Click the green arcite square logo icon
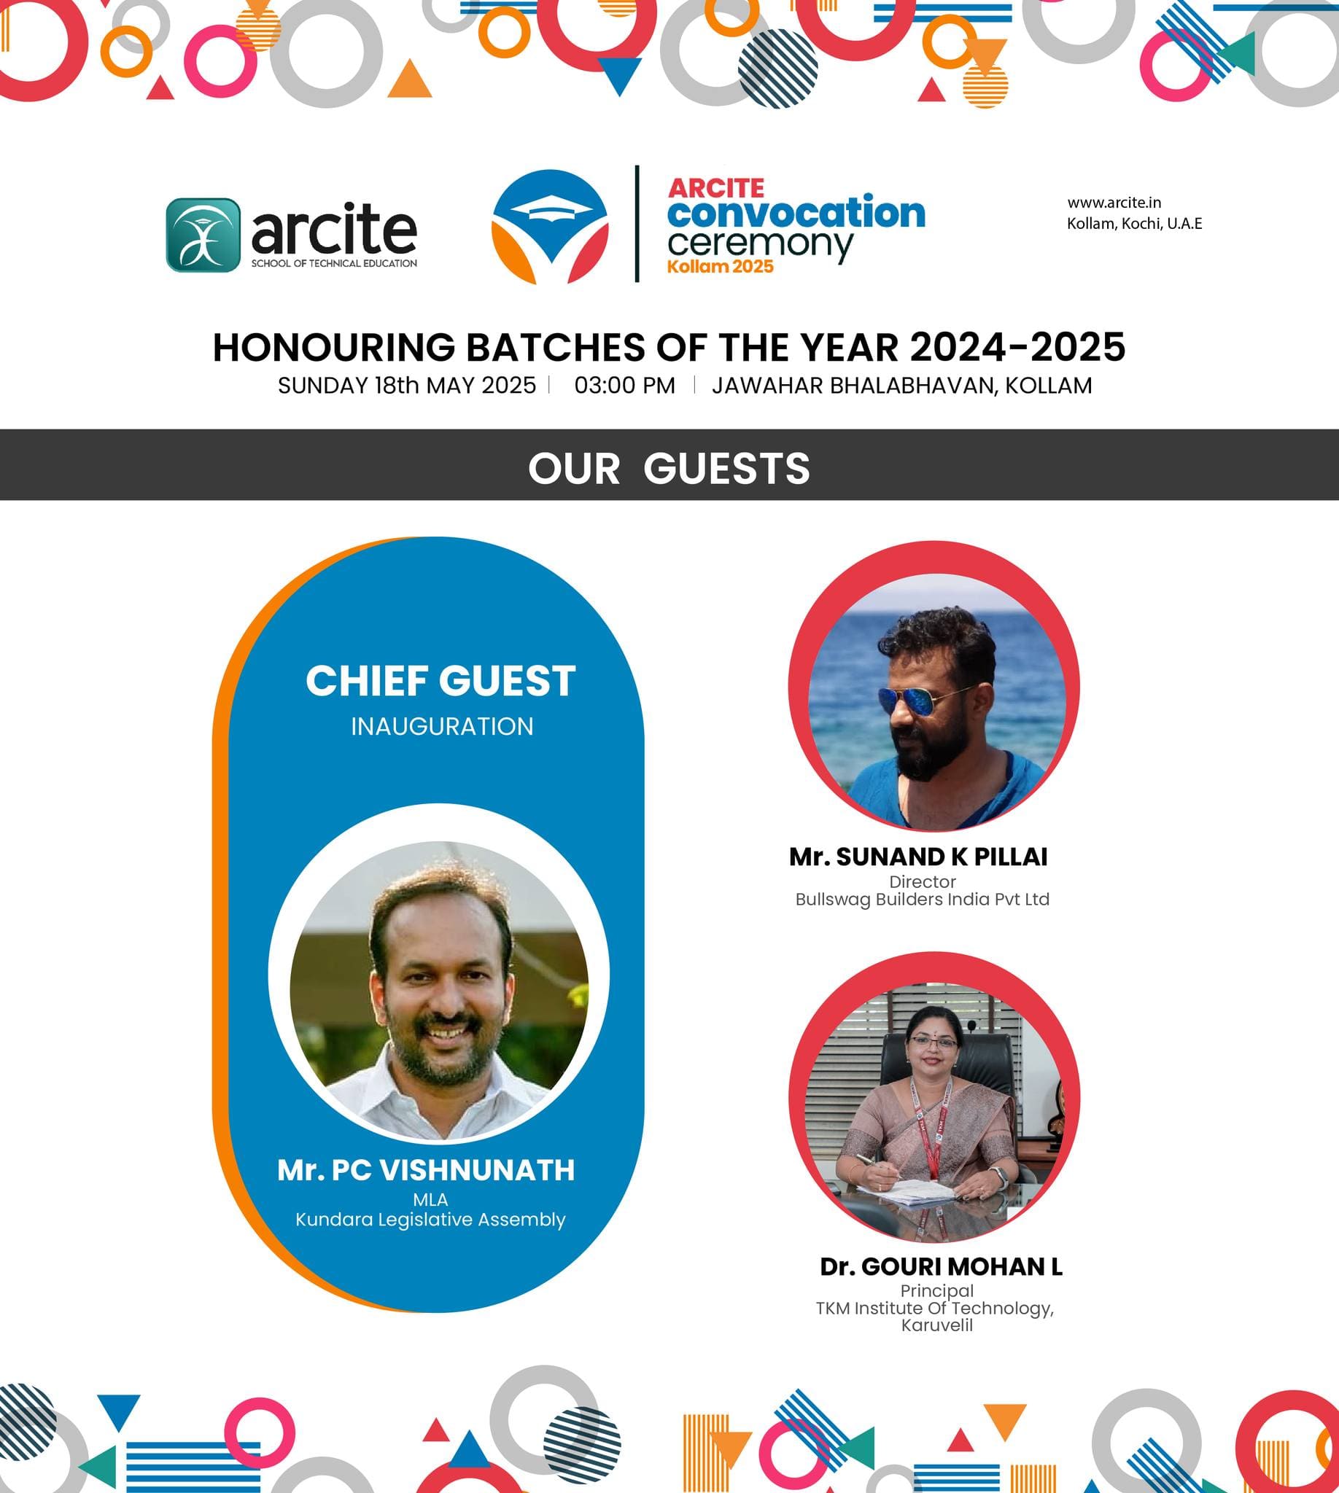(203, 235)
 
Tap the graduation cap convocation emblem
(550, 227)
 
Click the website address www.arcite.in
(1114, 202)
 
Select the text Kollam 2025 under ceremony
(721, 266)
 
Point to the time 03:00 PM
(624, 386)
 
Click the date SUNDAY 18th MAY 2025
(407, 386)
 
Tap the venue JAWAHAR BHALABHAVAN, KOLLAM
(902, 386)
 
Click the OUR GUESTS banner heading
(669, 468)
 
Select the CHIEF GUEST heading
(440, 681)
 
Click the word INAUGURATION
(442, 727)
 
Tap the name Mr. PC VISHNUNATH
(426, 1170)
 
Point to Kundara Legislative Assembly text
(430, 1220)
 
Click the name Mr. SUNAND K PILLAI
(918, 857)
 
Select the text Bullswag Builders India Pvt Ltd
(923, 900)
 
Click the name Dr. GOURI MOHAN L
(941, 1266)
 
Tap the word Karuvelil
(937, 1325)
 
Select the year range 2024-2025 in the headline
(1017, 347)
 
